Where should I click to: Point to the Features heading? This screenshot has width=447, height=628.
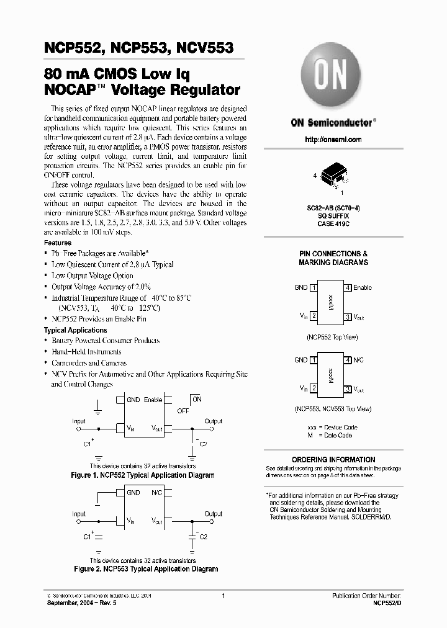(x=58, y=243)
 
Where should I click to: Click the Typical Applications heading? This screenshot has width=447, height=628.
(x=75, y=330)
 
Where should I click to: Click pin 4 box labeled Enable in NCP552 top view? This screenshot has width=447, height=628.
(x=348, y=287)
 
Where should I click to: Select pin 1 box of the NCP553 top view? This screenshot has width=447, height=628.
(x=315, y=360)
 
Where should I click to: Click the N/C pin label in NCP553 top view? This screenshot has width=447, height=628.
(x=358, y=360)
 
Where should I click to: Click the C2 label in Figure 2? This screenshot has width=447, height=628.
(x=202, y=535)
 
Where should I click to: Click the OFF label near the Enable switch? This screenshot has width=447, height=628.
(x=183, y=411)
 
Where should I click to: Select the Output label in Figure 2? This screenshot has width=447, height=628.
(x=213, y=514)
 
